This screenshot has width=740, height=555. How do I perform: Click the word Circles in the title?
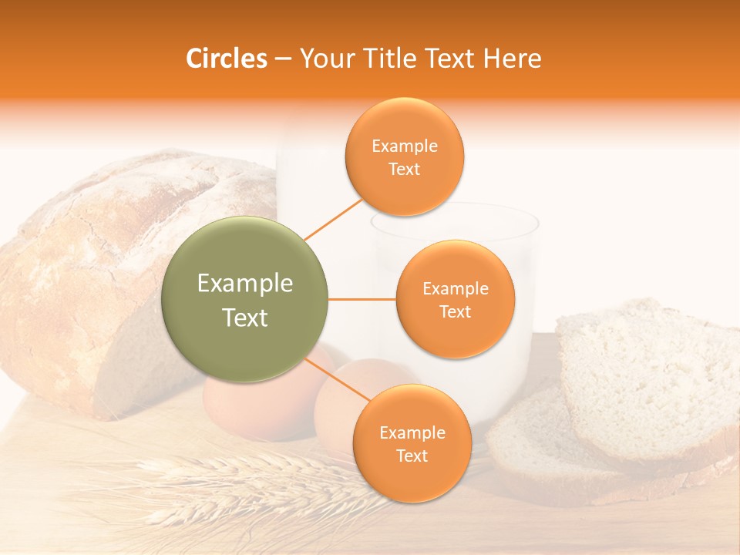(227, 59)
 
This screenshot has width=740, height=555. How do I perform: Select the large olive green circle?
(244, 299)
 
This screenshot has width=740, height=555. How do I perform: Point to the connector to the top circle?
(333, 219)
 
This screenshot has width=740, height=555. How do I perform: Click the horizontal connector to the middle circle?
(362, 299)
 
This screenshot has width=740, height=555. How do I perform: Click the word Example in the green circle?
(245, 284)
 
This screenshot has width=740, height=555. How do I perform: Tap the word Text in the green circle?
(245, 318)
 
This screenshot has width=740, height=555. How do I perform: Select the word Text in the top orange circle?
(405, 170)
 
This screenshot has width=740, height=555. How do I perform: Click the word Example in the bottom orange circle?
(412, 433)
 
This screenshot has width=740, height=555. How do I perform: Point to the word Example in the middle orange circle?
(456, 289)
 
